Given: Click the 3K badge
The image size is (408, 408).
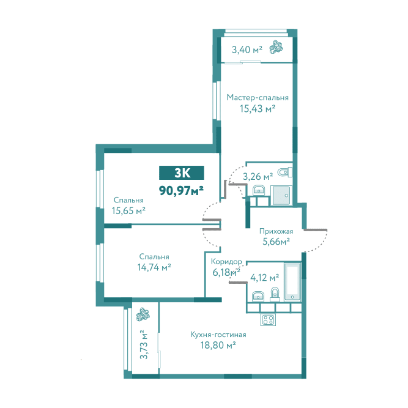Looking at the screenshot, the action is (x=181, y=172).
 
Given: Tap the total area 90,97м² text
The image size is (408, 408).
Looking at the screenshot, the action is (x=181, y=191).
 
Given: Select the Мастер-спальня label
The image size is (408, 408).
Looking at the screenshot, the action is (x=258, y=98).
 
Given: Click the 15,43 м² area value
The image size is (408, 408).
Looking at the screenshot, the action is (x=258, y=108).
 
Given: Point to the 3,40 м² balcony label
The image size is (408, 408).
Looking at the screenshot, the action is (x=247, y=50).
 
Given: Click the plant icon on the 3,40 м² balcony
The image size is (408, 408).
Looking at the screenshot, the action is (x=276, y=47).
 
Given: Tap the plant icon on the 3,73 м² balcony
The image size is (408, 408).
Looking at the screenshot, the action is (x=143, y=314).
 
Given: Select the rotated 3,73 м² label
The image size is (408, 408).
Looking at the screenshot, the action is (x=143, y=344).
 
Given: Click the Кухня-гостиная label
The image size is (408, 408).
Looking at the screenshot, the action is (x=218, y=335).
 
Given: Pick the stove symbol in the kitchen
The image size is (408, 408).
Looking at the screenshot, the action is (x=268, y=319).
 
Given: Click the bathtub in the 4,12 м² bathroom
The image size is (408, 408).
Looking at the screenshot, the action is (x=292, y=283).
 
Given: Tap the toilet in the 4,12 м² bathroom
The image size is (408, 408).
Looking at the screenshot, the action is (x=275, y=295).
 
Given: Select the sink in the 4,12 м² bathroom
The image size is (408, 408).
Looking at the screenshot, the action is (x=258, y=296).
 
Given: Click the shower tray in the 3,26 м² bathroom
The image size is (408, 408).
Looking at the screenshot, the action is (x=281, y=196).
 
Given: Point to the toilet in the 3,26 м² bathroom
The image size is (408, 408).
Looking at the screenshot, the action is (x=285, y=172).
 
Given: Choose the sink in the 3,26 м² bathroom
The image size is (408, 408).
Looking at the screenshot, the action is (x=259, y=190).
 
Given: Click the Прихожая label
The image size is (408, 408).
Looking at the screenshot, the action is (x=276, y=231).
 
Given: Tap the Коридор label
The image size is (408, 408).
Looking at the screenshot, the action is (x=226, y=261).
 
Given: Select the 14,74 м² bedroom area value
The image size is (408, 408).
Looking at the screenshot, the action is (x=154, y=267).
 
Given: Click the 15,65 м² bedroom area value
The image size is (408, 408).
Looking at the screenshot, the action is (x=128, y=210).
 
